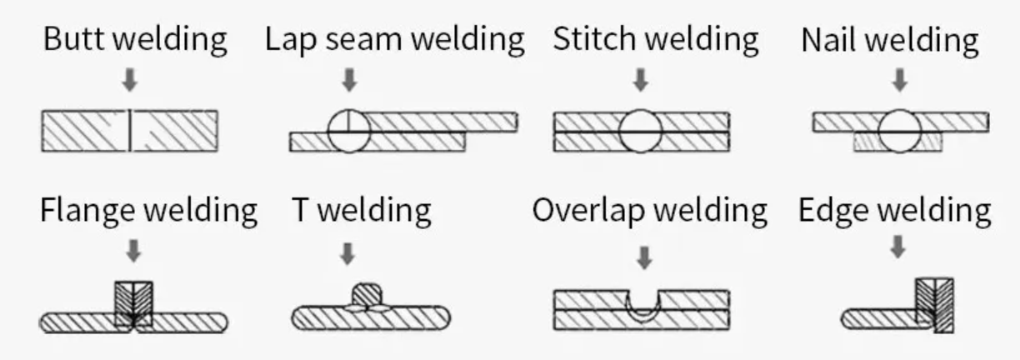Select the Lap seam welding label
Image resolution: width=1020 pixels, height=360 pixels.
(395, 39)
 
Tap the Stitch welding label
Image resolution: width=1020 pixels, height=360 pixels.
(656, 39)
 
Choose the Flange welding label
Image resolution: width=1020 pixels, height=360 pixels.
(148, 211)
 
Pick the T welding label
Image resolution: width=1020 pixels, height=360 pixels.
(362, 211)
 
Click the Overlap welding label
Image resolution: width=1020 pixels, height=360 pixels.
(650, 211)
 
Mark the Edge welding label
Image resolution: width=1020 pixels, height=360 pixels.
(895, 211)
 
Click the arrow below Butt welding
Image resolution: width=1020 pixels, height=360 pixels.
(130, 81)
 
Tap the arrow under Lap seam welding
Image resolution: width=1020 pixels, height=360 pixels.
(350, 81)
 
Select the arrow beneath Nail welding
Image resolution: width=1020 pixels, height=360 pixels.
(898, 81)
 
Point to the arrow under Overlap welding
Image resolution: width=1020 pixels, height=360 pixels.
(643, 257)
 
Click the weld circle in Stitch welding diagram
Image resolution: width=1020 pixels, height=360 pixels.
(641, 132)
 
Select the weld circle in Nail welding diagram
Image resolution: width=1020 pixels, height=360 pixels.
(899, 132)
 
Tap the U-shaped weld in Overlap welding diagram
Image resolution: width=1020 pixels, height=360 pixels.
(642, 306)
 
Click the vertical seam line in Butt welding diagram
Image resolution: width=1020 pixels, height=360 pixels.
(130, 131)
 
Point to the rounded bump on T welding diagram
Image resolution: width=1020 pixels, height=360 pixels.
(368, 295)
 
